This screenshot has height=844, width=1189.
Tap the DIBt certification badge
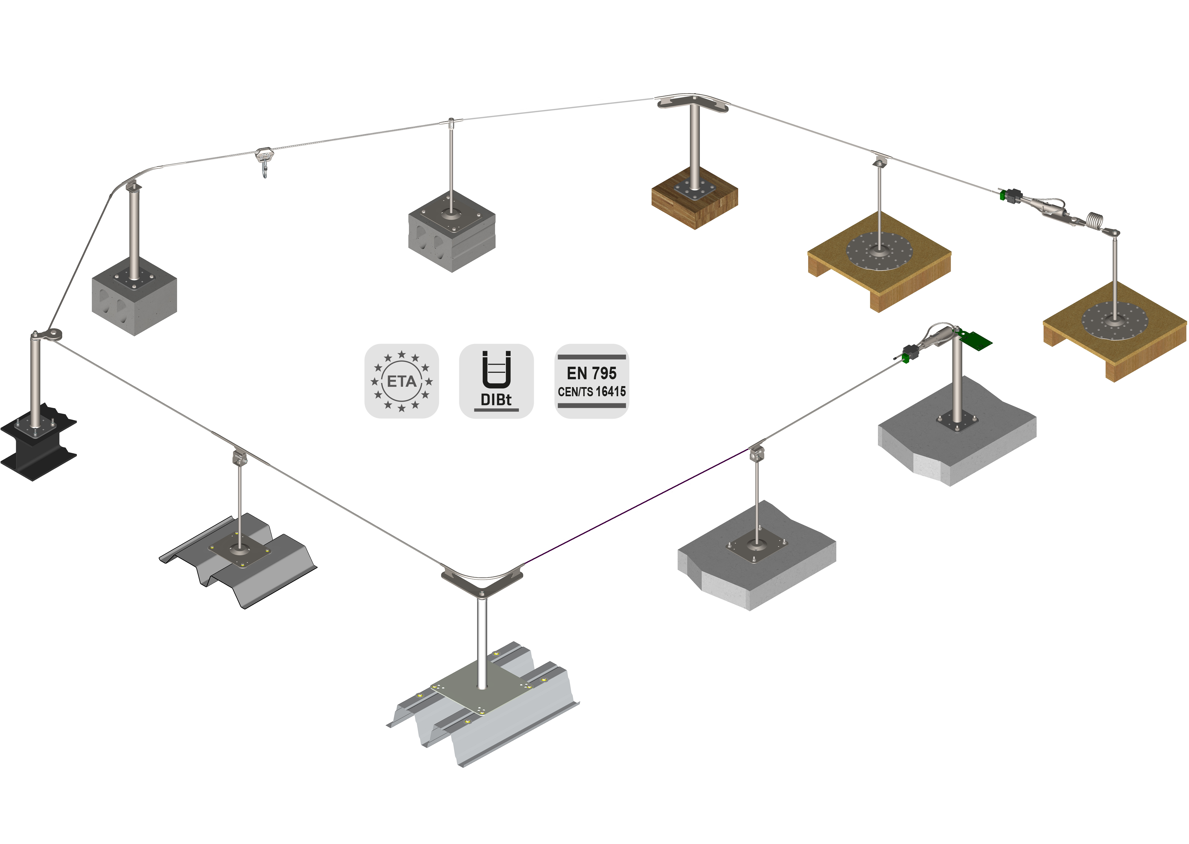point(496,381)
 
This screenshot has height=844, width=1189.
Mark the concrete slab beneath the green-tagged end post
point(957,442)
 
